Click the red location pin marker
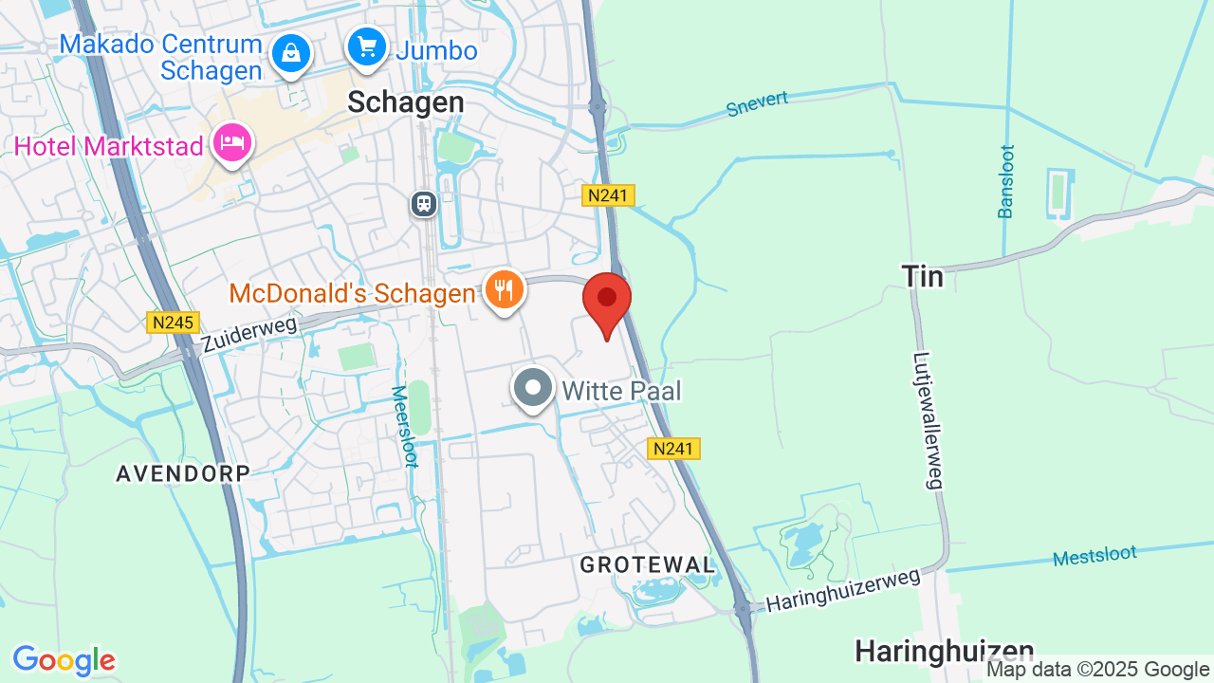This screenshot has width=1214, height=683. tap(607, 300)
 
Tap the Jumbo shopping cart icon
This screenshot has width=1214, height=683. tap(366, 46)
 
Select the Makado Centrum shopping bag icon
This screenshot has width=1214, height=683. tap(291, 53)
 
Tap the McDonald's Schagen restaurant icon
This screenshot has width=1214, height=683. tap(505, 289)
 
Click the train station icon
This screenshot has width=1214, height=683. tap(423, 203)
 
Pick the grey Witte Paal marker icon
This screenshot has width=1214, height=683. tap(533, 388)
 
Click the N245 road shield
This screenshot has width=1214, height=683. tap(173, 323)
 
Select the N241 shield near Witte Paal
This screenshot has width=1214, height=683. tap(674, 449)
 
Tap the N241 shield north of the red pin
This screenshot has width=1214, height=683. tap(608, 195)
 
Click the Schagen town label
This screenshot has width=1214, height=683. tap(406, 102)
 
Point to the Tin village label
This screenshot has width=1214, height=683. tap(923, 276)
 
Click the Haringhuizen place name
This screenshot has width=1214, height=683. tap(944, 652)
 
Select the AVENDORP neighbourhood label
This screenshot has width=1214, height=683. tap(183, 473)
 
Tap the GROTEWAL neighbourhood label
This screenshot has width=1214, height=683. tap(648, 564)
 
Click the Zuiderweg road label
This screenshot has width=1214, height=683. tap(249, 335)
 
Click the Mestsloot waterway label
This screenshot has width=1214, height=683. tap(1094, 556)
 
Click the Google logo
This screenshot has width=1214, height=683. tap(64, 660)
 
